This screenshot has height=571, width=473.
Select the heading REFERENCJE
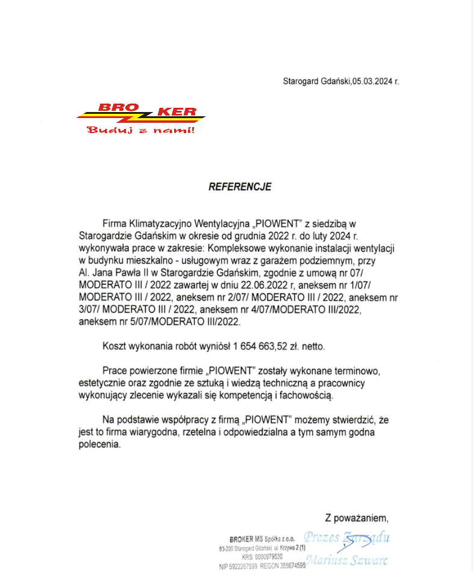[x=240, y=187]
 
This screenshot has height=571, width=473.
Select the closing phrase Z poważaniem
[x=356, y=517]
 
